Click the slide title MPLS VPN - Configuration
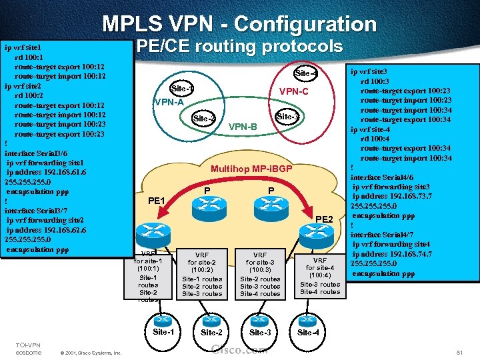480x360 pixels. [x=239, y=25]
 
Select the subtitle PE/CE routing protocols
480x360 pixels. [x=239, y=47]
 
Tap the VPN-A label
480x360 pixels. [x=168, y=102]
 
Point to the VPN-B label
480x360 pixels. [x=243, y=127]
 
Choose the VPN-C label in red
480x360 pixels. [x=293, y=91]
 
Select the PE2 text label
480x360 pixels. [x=324, y=219]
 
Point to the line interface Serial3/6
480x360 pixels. [x=35, y=153]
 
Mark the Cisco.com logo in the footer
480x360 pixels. [x=239, y=349]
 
